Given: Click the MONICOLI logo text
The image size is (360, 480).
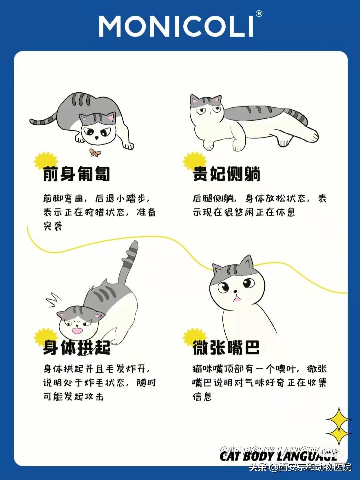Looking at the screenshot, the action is click(176, 26).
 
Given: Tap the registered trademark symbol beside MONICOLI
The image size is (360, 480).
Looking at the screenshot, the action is click(259, 14).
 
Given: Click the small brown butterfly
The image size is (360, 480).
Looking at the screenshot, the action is click(95, 153).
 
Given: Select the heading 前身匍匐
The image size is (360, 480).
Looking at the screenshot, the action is click(76, 174).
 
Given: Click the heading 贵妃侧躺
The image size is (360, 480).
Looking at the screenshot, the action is click(227, 174).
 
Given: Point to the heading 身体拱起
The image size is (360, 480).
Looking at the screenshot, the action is click(76, 347).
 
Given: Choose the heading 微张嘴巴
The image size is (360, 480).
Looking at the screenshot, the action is click(226, 347).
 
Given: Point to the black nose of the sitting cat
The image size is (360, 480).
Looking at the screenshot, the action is click(235, 291).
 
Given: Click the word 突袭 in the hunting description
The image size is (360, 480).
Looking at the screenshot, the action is click(53, 226).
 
